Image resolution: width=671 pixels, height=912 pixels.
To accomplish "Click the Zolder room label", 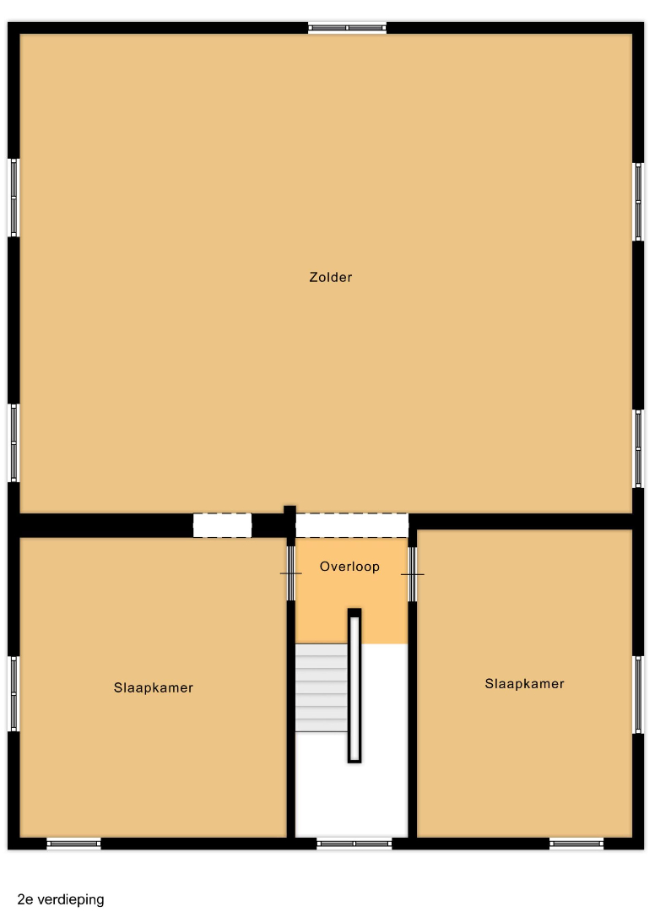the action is pyautogui.click(x=330, y=277).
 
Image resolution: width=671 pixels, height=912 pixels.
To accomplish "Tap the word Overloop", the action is pyautogui.click(x=349, y=567).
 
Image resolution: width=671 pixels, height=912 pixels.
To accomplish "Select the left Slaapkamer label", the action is pyautogui.click(x=154, y=687).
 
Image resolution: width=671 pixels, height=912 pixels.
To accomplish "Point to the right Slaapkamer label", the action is pyautogui.click(x=524, y=683).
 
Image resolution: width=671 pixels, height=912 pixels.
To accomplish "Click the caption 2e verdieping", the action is pyautogui.click(x=61, y=899).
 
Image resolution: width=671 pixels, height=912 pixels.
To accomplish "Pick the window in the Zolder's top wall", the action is pyautogui.click(x=347, y=27).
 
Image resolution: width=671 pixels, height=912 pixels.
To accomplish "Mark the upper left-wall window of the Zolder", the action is pyautogui.click(x=14, y=198).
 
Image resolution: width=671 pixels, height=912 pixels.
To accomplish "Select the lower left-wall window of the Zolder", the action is pyautogui.click(x=14, y=442).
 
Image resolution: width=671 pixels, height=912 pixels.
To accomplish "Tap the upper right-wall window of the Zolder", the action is pyautogui.click(x=638, y=201).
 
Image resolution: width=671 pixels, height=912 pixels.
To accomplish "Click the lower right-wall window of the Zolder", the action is pyautogui.click(x=638, y=448).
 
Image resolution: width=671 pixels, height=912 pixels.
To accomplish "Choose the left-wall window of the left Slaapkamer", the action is pyautogui.click(x=14, y=693).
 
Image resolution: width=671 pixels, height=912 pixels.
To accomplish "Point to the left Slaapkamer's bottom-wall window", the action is pyautogui.click(x=73, y=844).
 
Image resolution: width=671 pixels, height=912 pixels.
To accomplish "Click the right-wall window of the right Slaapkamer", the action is pyautogui.click(x=638, y=694).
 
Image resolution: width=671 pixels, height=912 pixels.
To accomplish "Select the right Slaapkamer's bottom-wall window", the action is pyautogui.click(x=576, y=844).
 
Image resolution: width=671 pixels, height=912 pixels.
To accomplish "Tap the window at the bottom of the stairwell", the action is pyautogui.click(x=354, y=844).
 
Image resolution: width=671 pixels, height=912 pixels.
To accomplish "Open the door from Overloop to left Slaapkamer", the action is pyautogui.click(x=290, y=573).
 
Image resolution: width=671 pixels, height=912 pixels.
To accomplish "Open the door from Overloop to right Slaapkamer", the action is pyautogui.click(x=412, y=575).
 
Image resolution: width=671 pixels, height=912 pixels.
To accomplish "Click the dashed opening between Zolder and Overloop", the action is pyautogui.click(x=352, y=525).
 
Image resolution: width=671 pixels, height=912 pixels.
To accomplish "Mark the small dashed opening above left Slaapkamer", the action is pyautogui.click(x=222, y=525).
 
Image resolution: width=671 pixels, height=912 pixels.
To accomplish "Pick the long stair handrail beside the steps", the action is pyautogui.click(x=354, y=686).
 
